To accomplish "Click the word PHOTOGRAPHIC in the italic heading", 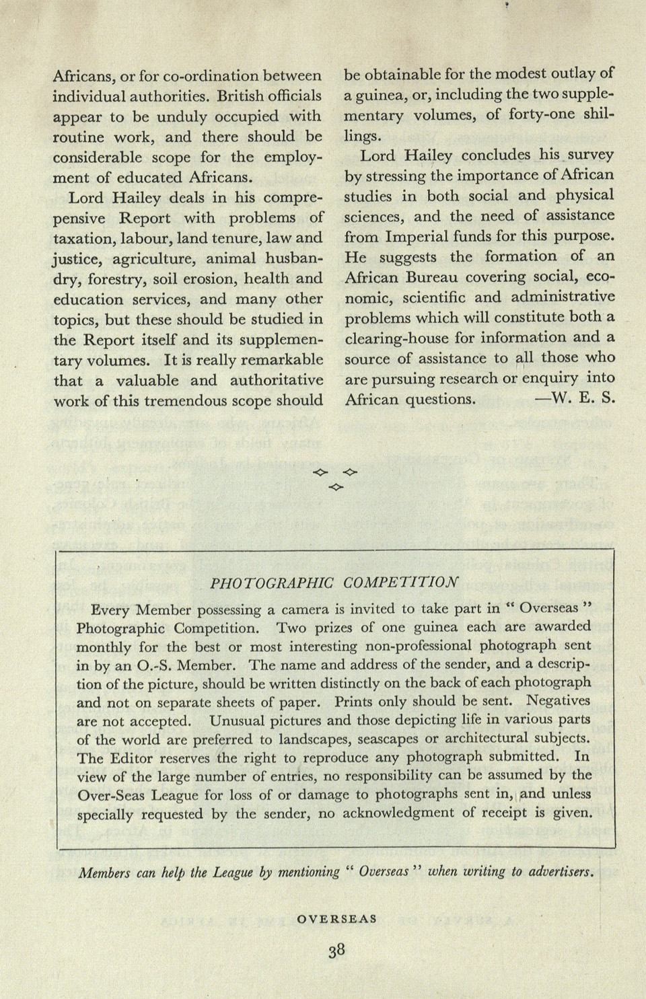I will click(x=272, y=583).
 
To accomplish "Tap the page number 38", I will click(x=336, y=950).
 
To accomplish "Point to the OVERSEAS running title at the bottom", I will click(x=336, y=919).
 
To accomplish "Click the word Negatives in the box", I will click(x=558, y=701).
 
